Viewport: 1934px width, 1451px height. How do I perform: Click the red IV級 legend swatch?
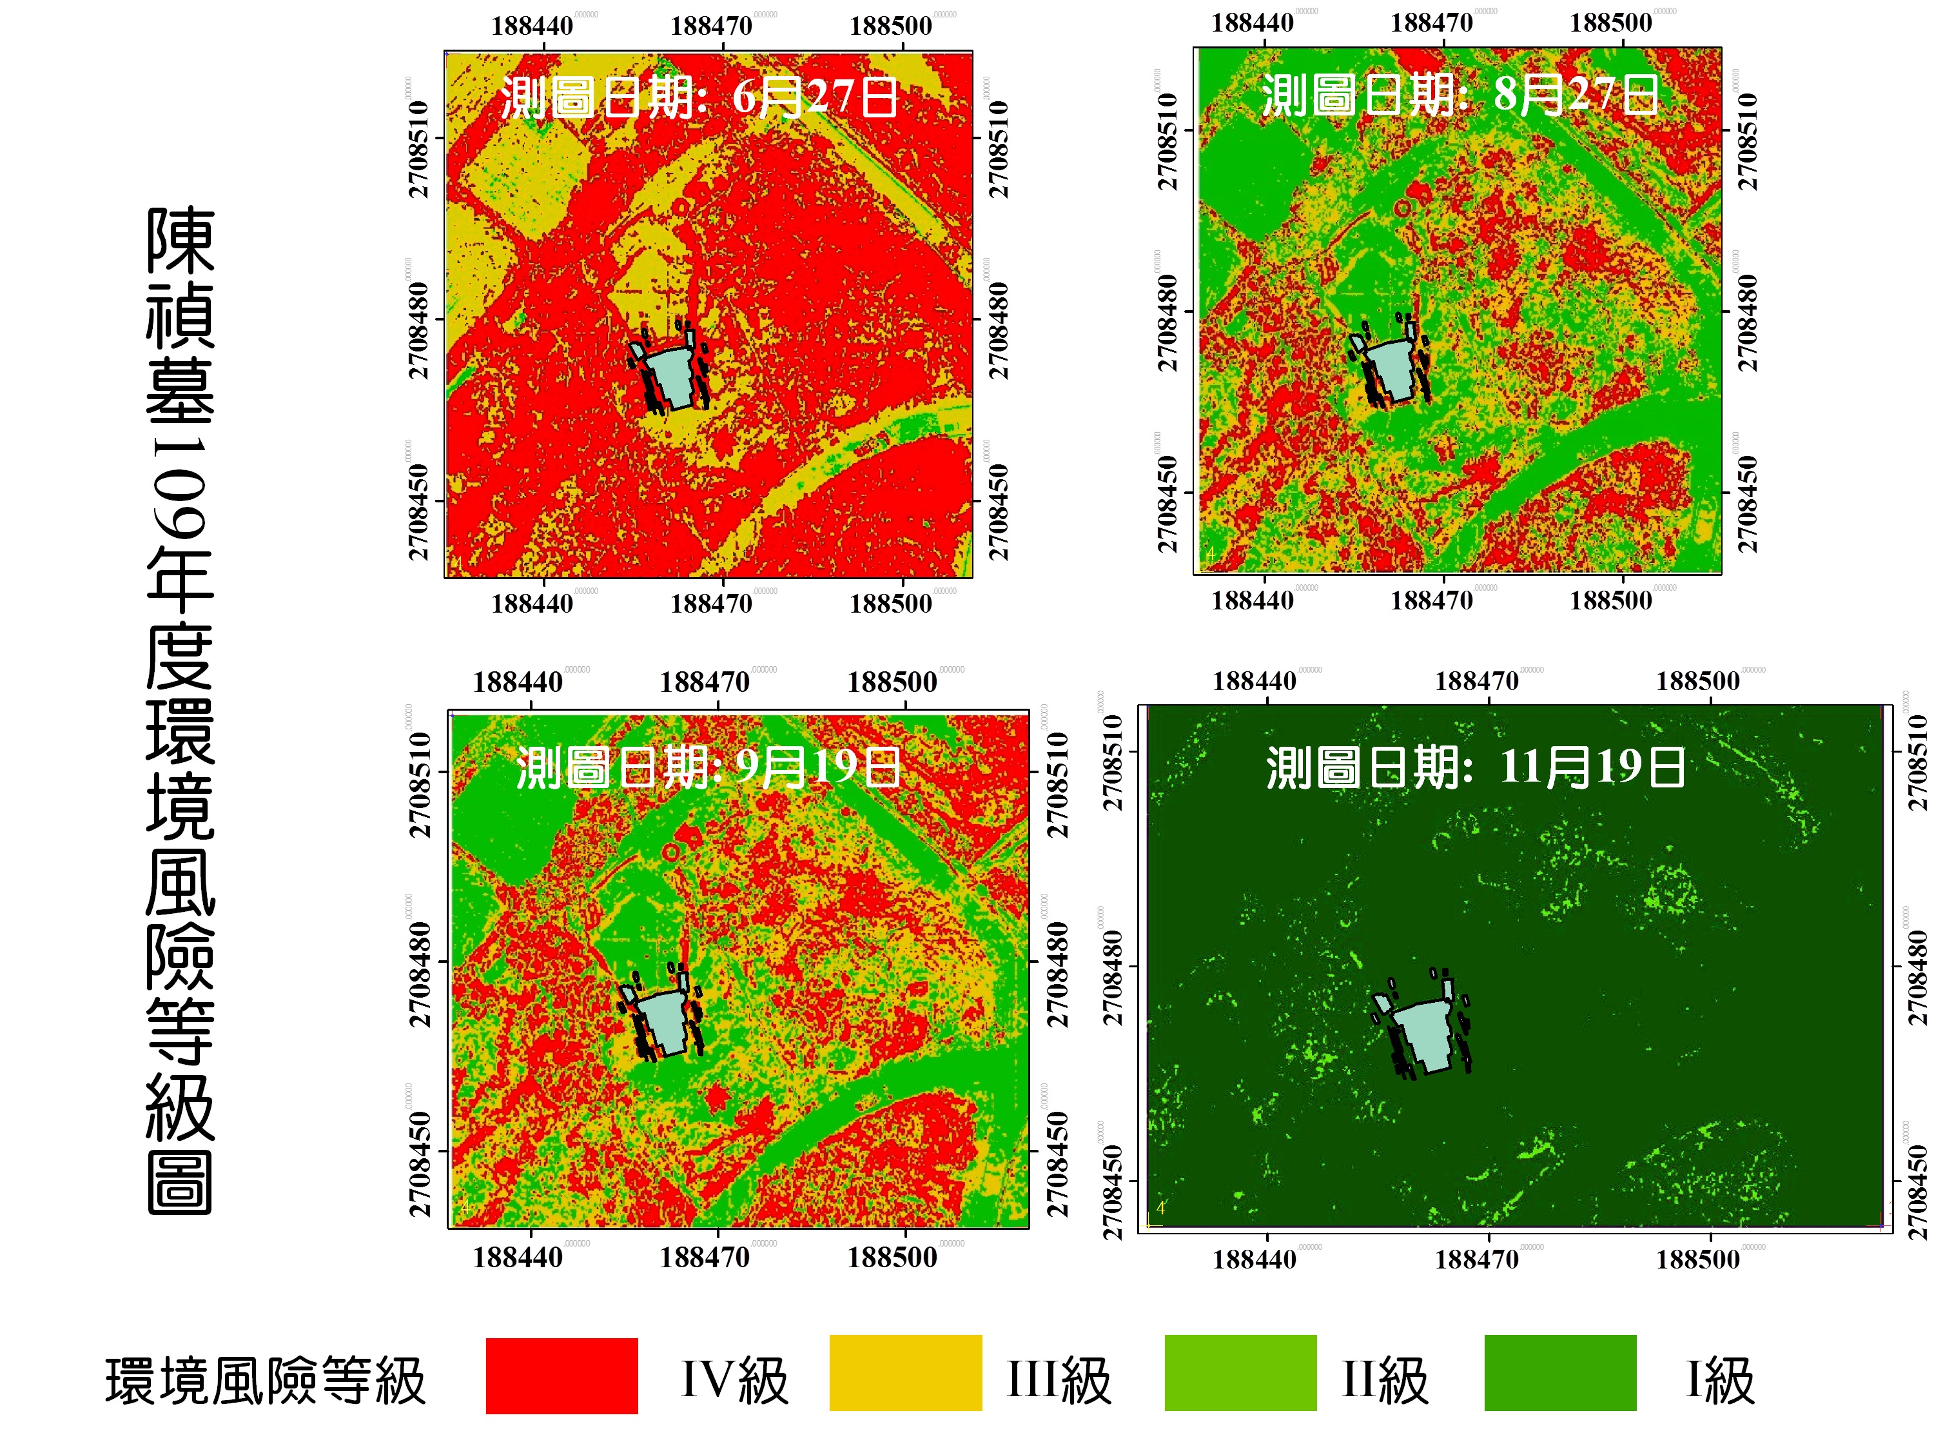pyautogui.click(x=562, y=1375)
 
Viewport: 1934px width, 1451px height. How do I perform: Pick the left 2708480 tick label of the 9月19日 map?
pyautogui.click(x=420, y=973)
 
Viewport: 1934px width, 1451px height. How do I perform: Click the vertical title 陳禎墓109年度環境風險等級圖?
pyautogui.click(x=180, y=709)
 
